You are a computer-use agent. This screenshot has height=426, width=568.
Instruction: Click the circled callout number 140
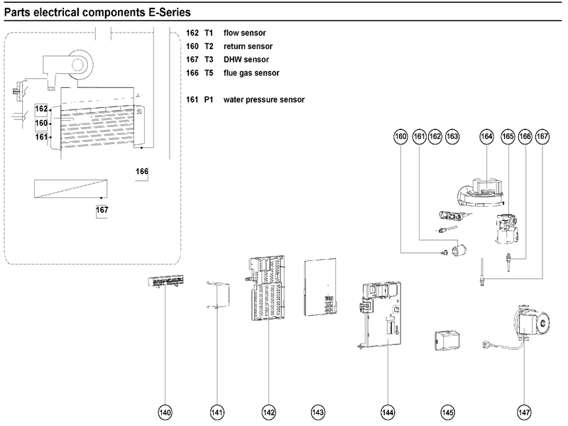tap(165, 412)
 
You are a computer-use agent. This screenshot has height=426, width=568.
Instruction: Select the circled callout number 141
tap(217, 412)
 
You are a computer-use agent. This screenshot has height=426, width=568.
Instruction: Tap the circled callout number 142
tap(268, 412)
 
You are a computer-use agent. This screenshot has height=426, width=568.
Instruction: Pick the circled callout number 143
tap(318, 412)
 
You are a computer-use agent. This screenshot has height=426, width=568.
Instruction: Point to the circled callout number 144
tap(387, 412)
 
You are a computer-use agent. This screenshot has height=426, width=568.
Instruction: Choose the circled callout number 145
tap(447, 412)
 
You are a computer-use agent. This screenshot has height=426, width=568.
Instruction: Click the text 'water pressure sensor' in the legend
tap(263, 100)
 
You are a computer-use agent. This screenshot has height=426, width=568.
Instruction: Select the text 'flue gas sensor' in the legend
tap(251, 73)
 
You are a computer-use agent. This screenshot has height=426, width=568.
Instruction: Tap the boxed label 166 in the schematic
tap(143, 171)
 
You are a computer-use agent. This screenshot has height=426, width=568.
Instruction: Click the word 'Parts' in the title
tap(19, 13)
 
